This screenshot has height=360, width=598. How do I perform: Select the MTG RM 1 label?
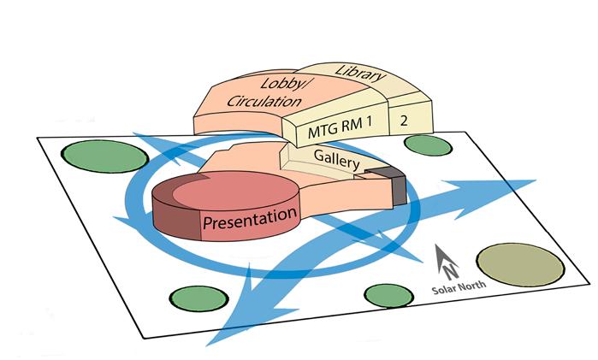[342, 129]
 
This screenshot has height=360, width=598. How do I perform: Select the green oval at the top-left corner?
[104, 157]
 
